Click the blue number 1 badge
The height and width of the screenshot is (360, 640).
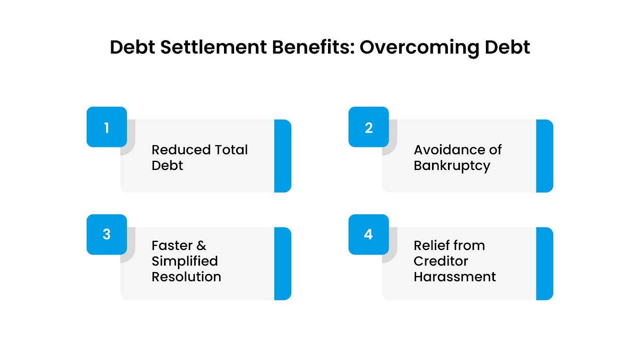tap(107, 127)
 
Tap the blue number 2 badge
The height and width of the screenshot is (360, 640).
tap(368, 127)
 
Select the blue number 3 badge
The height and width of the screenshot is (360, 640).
tap(107, 234)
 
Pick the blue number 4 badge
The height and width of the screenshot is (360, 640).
tap(368, 234)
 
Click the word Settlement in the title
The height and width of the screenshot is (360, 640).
tap(213, 47)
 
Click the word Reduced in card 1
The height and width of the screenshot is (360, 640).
tap(181, 150)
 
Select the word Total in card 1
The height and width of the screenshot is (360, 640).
tap(231, 150)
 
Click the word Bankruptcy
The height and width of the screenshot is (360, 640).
tap(452, 166)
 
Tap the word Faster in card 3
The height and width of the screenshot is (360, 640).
tap(172, 245)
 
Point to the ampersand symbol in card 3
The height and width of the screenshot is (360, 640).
tap(201, 245)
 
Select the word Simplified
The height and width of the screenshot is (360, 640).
tap(184, 261)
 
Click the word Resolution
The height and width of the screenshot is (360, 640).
tap(186, 277)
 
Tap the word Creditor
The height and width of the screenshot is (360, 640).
tap(440, 261)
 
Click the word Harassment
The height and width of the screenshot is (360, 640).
tap(454, 277)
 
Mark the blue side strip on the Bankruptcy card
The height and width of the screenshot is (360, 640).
tap(544, 156)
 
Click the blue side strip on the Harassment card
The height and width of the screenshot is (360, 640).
tap(544, 264)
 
